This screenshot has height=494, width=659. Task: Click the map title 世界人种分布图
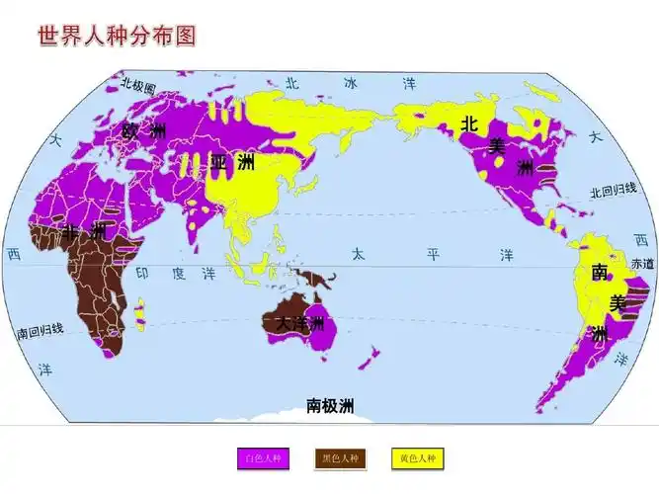point(117,36)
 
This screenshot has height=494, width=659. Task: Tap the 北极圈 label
point(138,87)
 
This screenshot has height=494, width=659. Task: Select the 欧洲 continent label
point(144,130)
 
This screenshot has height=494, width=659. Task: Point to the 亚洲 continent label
point(232,162)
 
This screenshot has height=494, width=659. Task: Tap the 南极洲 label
point(330,405)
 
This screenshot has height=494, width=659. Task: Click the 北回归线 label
point(614,192)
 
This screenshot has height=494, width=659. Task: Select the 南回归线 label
point(41,329)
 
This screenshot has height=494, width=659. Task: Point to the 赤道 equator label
point(642,264)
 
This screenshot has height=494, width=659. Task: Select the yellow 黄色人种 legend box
point(417,458)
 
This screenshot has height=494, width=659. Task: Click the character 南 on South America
point(600,273)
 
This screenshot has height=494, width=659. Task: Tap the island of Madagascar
point(140,313)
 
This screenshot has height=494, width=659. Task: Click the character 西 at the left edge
point(13,254)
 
